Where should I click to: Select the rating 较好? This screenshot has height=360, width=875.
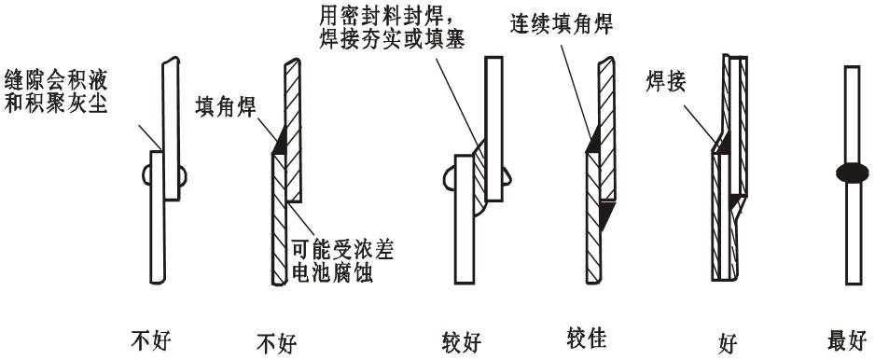(461, 342)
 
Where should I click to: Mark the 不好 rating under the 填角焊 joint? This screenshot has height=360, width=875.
(275, 343)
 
